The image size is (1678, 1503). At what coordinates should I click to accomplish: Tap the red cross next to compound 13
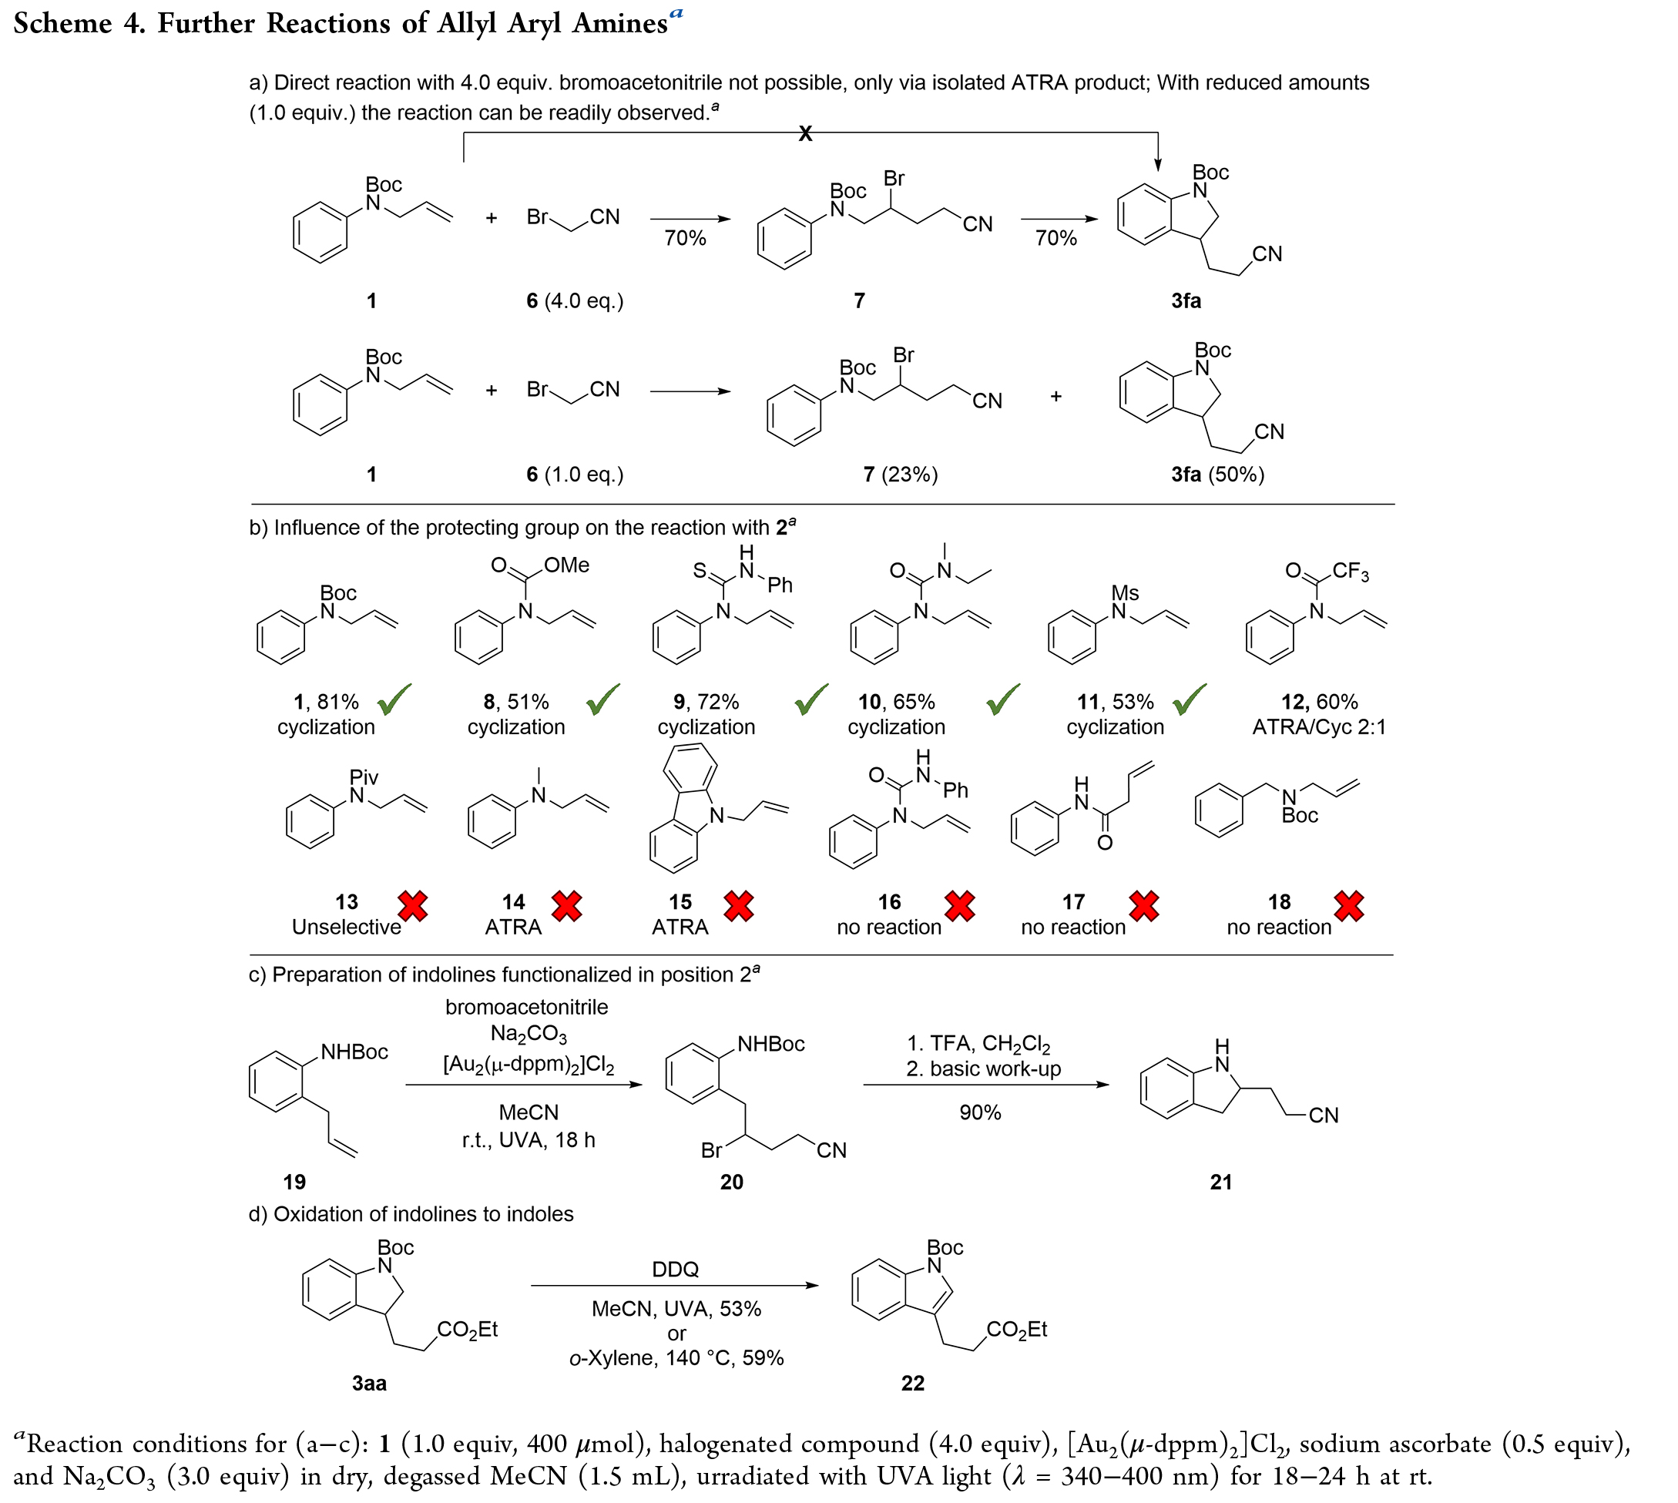413,906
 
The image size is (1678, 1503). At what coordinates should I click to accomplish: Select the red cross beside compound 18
1348,906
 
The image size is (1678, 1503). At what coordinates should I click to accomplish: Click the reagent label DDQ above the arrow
675,1270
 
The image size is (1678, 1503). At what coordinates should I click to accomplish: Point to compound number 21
1220,1182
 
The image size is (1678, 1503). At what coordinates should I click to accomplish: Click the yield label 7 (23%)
900,474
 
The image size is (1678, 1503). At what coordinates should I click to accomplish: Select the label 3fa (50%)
1217,474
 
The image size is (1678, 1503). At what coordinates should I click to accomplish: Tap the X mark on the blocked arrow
805,134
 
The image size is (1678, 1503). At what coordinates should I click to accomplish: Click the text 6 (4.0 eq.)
575,300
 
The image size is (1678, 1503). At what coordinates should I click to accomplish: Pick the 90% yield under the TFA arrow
980,1112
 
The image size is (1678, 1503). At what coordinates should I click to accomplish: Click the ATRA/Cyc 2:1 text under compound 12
1319,726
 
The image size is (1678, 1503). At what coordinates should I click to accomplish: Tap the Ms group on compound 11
1125,593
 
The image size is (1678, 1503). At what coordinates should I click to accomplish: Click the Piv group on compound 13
364,777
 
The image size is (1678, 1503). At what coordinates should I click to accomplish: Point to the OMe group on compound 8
566,565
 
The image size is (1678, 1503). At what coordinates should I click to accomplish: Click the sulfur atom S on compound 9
700,571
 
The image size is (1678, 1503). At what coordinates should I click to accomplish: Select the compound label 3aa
369,1384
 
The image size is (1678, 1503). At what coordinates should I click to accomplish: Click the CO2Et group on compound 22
1016,1330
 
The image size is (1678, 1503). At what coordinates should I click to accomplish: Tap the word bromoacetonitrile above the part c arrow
527,1007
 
